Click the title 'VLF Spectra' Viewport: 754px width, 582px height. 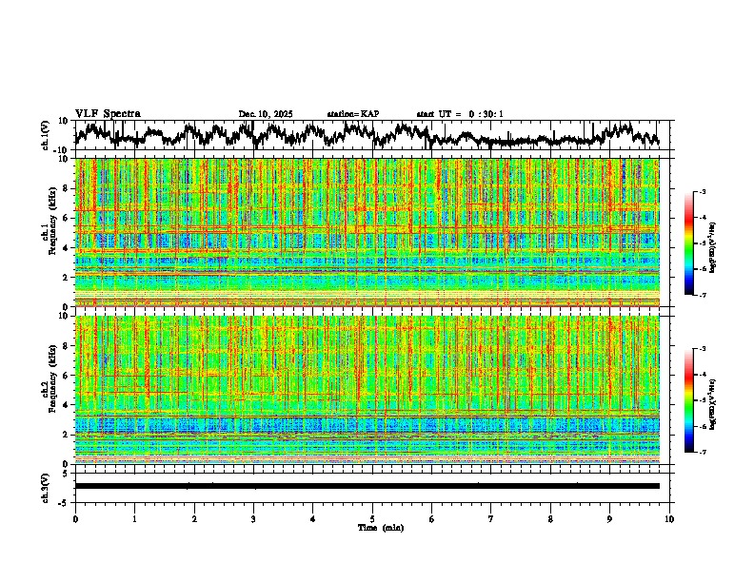point(108,113)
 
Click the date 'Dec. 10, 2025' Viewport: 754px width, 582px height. point(266,114)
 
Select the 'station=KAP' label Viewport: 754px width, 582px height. point(352,114)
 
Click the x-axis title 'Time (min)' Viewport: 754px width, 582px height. point(380,527)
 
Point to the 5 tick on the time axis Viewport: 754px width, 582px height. point(372,519)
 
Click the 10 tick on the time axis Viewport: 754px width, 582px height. point(670,519)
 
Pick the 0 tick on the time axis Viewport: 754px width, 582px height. point(75,519)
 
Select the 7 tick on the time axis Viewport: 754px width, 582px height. point(491,519)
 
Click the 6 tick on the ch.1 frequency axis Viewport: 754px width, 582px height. point(68,218)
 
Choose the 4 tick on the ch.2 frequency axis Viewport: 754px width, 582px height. point(68,404)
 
